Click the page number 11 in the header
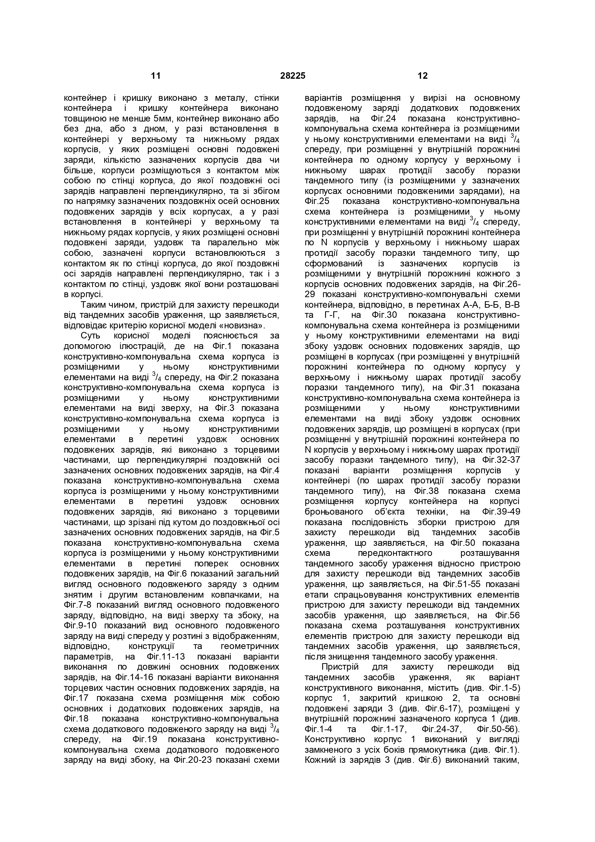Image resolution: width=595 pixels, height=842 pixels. tap(156, 76)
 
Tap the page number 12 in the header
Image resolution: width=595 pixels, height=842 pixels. tap(423, 76)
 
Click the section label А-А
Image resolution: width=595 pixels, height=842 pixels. tap(464, 305)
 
